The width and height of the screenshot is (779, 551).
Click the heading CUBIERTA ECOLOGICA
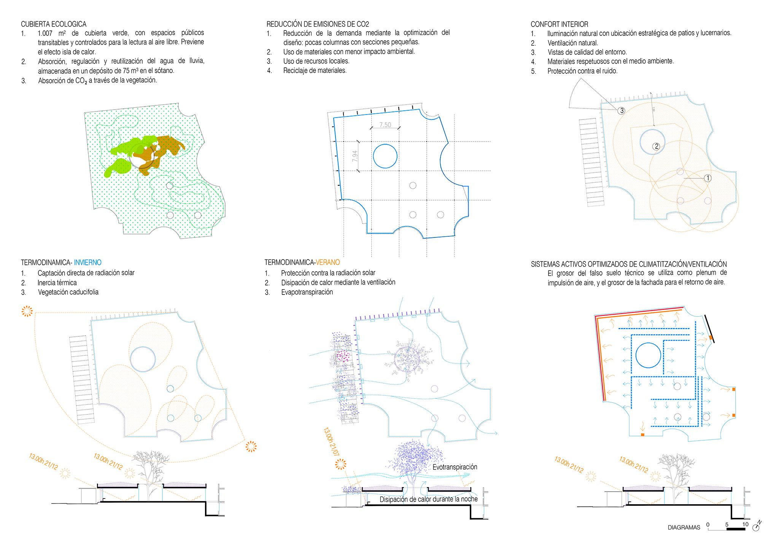click(x=54, y=24)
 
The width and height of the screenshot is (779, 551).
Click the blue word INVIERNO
click(x=87, y=263)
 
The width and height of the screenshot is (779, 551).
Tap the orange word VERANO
click(x=328, y=262)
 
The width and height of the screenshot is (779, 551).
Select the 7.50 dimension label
click(x=385, y=125)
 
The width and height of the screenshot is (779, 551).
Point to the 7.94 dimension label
click(x=355, y=156)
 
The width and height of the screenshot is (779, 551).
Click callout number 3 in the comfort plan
click(x=622, y=111)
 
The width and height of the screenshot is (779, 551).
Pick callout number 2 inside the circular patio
click(x=656, y=146)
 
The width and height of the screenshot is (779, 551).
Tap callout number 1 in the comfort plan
click(x=707, y=178)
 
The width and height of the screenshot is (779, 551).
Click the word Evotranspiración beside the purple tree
click(x=455, y=467)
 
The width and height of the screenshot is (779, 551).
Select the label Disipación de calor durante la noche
click(x=429, y=499)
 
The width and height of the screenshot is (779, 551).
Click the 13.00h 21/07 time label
click(x=331, y=441)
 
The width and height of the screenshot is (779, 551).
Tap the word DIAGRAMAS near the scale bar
click(x=684, y=527)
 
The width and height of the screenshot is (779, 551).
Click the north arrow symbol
click(x=757, y=526)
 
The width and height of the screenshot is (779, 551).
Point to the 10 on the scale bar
click(x=745, y=524)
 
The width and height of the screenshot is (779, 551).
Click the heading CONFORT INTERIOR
click(x=560, y=24)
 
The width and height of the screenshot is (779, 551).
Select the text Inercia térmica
click(x=57, y=283)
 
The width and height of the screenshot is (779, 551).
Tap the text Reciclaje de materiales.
click(x=315, y=70)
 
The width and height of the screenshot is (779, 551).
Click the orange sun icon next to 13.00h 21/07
click(x=341, y=464)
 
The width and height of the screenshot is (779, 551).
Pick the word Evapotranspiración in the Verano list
click(x=307, y=292)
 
